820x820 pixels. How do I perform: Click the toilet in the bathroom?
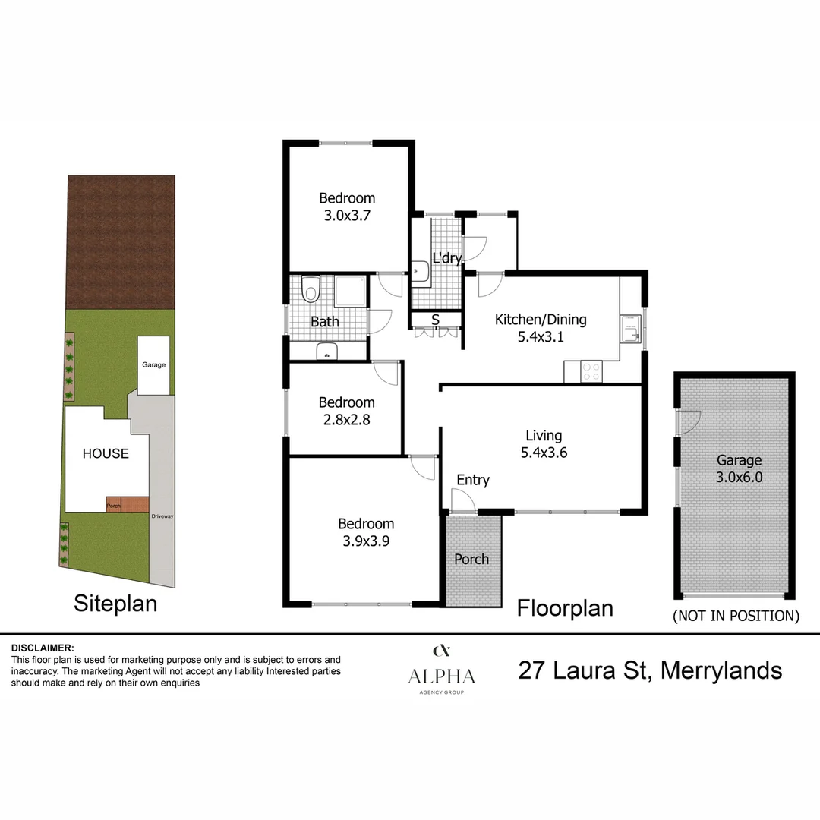point(310,289)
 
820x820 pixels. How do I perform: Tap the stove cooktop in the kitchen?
point(591,371)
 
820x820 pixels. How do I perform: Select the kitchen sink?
point(630,330)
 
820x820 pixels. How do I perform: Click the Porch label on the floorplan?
point(471,559)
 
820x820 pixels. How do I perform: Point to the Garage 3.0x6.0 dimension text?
point(739,478)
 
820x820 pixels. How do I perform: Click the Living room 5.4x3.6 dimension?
point(544,453)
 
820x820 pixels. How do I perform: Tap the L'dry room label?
point(446,258)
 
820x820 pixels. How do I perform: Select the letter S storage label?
point(435,320)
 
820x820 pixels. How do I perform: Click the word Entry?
point(473,480)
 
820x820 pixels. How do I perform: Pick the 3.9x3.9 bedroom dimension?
point(366,541)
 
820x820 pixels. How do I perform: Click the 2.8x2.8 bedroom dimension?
point(346,420)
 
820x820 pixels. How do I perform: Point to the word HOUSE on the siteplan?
point(106,453)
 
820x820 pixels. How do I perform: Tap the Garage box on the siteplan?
point(153,365)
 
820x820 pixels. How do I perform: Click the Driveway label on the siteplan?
point(162,516)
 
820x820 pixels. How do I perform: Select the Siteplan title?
point(115,604)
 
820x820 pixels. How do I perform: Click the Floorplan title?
point(565,608)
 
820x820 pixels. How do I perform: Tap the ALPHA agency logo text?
point(441,676)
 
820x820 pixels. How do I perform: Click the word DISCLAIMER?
point(43,648)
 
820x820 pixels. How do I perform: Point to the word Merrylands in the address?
point(721,670)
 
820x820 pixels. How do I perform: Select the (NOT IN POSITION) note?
point(736,616)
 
